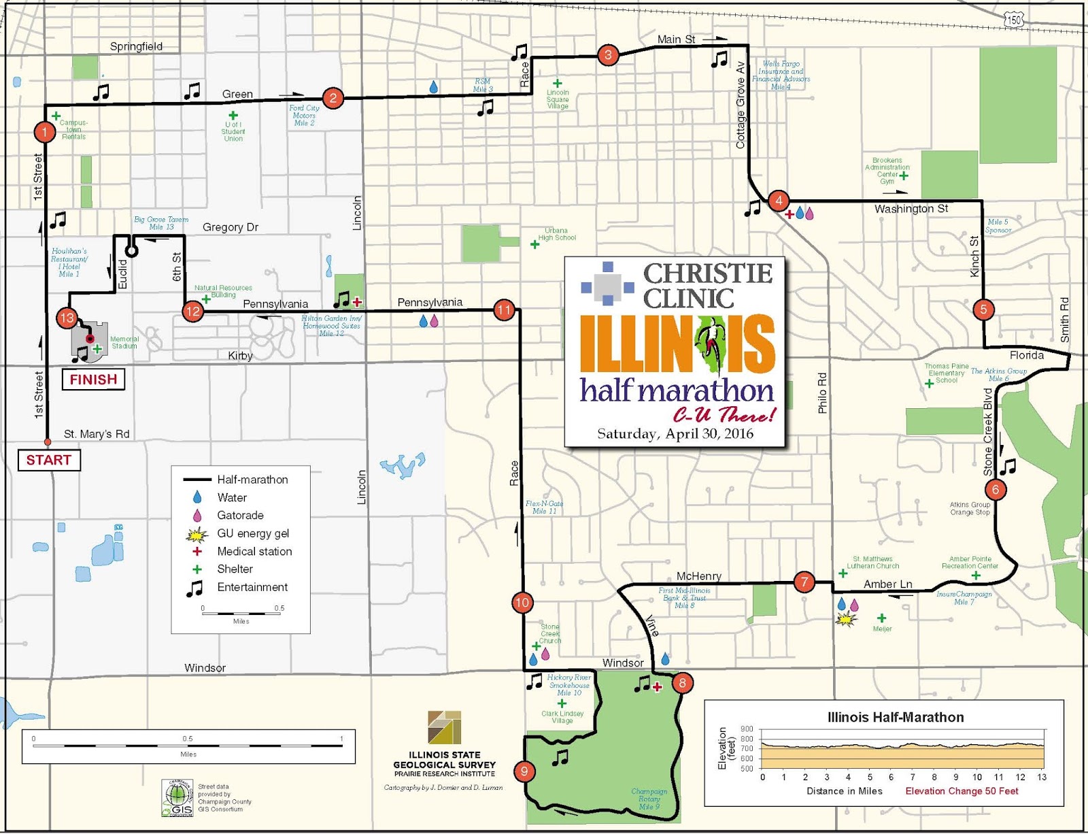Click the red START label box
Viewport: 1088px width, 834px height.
(48, 461)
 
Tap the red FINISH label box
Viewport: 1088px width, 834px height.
(93, 380)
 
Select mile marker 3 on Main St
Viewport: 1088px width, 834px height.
(608, 55)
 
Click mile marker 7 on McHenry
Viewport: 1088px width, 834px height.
(804, 582)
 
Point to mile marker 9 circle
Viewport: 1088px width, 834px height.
(524, 771)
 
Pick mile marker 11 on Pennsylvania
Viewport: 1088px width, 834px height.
(504, 310)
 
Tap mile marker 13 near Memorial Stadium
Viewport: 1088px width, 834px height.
(67, 318)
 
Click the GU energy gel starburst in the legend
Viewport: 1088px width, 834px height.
(197, 534)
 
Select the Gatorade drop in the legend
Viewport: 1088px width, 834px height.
(197, 516)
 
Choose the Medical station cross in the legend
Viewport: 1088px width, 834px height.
(197, 552)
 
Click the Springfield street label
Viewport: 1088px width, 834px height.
(136, 46)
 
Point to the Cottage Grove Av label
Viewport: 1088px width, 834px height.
(741, 105)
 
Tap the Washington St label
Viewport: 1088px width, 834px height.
(911, 209)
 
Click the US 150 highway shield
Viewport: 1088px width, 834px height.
(1013, 20)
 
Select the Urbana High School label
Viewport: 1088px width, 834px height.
(557, 234)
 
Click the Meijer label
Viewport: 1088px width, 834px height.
(882, 629)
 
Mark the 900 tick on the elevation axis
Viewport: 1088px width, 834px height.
(747, 729)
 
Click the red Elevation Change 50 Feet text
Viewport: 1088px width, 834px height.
(962, 791)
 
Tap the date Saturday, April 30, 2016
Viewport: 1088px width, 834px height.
(675, 434)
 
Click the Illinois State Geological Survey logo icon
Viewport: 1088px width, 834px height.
(444, 727)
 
